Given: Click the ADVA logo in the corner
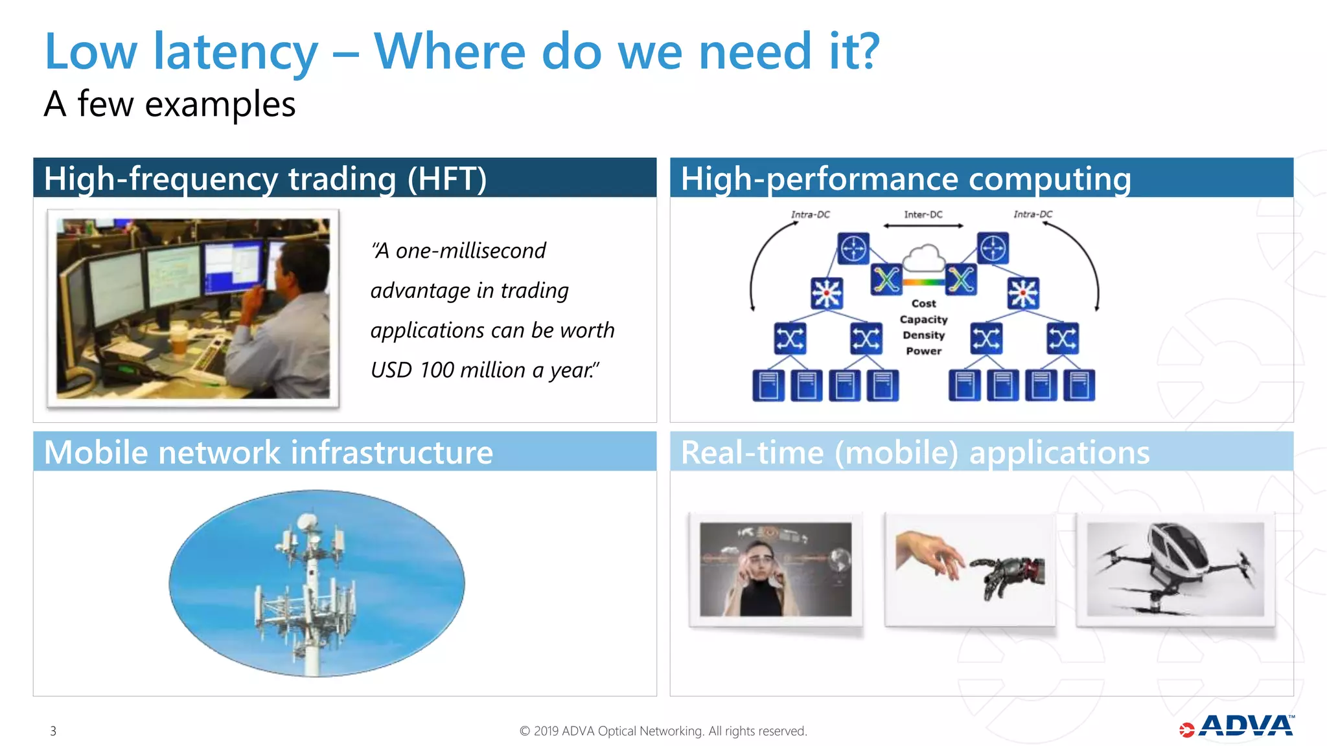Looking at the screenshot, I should point(1238,727).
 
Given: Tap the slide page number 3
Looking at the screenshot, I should point(53,731).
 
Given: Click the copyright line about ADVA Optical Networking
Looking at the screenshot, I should point(663,731).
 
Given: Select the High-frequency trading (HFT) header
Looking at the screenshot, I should point(266,179).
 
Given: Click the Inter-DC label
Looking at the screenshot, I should point(923,214).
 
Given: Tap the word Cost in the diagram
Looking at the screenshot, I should point(923,303).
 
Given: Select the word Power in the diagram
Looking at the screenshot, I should point(923,351).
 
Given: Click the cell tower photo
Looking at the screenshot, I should point(316,583).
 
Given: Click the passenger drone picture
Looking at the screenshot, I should point(1175,569).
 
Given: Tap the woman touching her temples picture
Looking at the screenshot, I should point(776,569).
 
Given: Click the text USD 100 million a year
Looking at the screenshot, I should point(485,370).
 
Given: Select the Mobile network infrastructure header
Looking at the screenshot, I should point(268,452).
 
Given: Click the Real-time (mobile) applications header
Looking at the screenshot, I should point(915,452).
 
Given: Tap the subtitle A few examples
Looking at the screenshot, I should point(170,104).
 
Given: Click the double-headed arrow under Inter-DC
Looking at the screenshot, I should point(923,226).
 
